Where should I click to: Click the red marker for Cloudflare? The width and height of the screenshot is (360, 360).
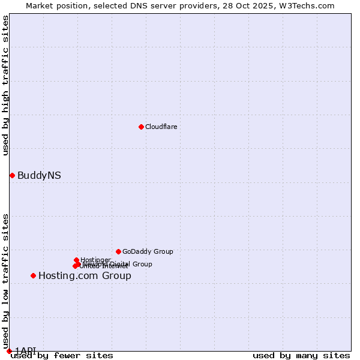(x=141, y=127)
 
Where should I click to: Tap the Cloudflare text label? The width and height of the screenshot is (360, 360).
(x=161, y=127)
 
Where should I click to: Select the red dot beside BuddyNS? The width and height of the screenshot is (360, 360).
(x=12, y=175)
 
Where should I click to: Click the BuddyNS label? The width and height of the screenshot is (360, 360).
(x=39, y=176)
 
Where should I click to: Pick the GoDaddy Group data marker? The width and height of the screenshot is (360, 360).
(x=118, y=251)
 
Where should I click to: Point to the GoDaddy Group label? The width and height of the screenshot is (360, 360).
(x=148, y=252)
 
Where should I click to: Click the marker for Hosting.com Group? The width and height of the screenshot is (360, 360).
(x=33, y=275)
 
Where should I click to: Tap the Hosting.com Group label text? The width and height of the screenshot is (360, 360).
(x=85, y=276)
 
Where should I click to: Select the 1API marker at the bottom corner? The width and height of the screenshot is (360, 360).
(x=9, y=351)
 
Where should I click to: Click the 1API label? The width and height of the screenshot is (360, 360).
(x=25, y=350)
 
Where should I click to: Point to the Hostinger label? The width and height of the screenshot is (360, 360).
(x=95, y=260)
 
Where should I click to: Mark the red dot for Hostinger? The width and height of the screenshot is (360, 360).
(x=76, y=260)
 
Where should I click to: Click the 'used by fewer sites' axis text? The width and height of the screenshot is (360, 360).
(x=62, y=356)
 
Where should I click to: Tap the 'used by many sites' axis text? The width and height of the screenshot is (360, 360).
(x=301, y=356)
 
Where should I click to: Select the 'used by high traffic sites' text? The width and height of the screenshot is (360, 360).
(x=6, y=85)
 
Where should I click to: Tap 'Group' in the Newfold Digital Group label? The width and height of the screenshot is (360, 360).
(x=142, y=264)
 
